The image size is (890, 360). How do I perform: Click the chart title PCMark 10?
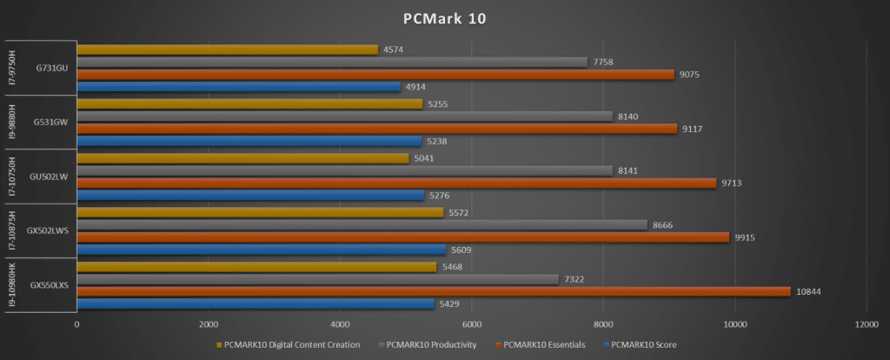(444, 18)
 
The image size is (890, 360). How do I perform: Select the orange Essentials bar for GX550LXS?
(434, 291)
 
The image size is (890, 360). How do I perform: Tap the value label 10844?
(809, 291)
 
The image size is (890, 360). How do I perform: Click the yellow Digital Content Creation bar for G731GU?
(227, 50)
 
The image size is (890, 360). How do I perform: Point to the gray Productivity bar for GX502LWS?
(362, 225)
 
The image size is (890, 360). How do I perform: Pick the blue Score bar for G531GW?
(249, 141)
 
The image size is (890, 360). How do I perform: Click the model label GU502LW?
(49, 177)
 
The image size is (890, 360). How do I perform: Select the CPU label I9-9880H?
(12, 122)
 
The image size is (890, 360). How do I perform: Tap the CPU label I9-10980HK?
(12, 284)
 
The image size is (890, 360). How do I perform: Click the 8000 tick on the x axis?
(603, 324)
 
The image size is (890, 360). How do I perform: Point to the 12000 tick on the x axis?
(866, 324)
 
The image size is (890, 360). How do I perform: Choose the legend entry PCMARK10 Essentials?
(541, 344)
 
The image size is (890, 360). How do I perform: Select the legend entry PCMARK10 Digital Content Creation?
(291, 344)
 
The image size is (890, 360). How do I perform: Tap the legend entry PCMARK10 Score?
(643, 344)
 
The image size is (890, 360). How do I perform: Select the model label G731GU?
(49, 68)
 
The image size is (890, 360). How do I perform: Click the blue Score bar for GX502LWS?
(261, 250)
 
